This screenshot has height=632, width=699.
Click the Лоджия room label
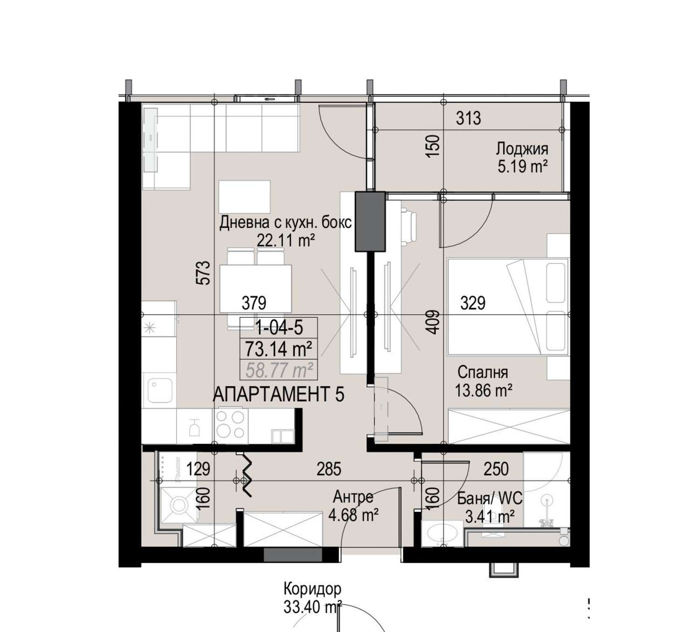point(522,149)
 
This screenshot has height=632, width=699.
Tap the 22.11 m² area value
point(286,240)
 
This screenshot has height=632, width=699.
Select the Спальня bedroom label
point(483,372)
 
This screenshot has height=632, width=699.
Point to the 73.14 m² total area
point(278,349)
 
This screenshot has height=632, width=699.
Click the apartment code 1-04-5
point(279,328)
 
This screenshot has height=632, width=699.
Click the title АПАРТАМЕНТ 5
point(278,395)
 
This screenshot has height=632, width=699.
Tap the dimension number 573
point(205,273)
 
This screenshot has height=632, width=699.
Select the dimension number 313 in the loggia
point(469,118)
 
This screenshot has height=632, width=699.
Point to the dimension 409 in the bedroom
point(432,322)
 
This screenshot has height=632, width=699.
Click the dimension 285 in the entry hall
point(329,469)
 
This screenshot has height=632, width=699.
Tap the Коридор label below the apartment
point(312,589)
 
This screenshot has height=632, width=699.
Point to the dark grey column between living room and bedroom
point(370,221)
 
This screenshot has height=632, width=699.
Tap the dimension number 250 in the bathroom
point(496,469)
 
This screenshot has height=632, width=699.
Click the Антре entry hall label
point(353,497)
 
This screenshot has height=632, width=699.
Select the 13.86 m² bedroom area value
point(483,391)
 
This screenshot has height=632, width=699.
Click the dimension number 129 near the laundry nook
point(198,469)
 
